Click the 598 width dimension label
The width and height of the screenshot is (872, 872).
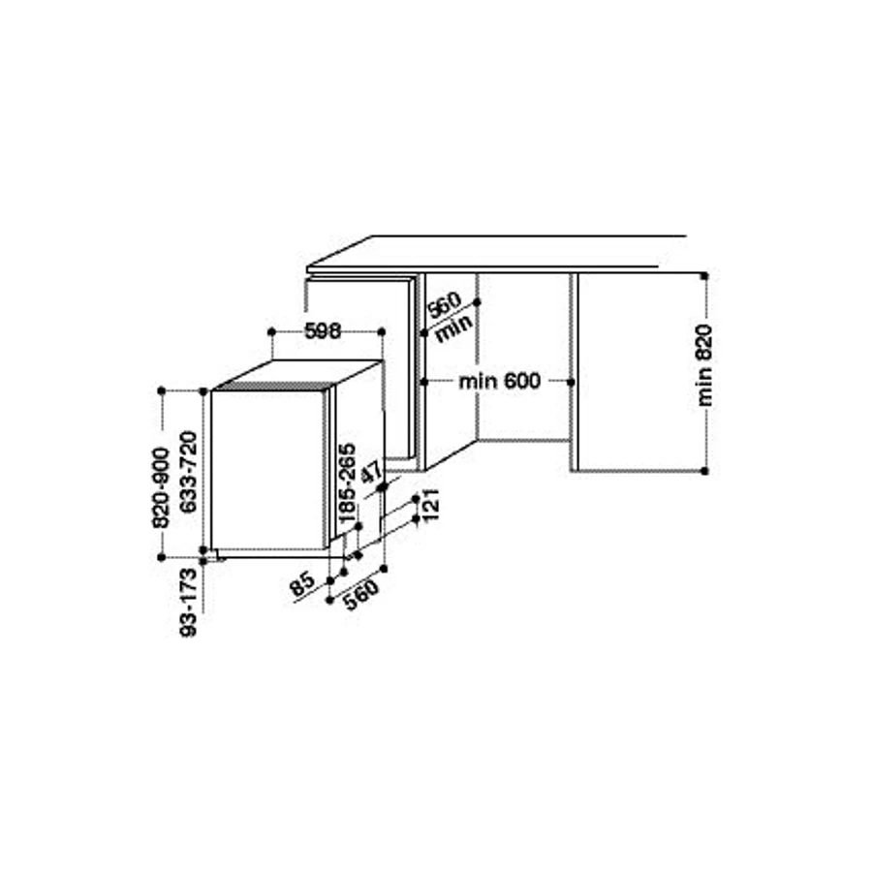323,331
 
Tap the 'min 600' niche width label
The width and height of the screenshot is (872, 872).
499,382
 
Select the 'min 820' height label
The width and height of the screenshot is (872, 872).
704,366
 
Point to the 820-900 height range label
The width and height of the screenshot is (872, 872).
161,487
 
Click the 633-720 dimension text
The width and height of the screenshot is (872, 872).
189,472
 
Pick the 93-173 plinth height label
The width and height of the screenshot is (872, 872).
189,603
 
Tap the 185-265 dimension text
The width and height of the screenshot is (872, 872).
347,483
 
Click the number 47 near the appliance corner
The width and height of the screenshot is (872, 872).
372,472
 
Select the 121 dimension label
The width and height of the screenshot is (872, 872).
431,505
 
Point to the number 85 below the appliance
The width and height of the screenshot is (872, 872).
303,585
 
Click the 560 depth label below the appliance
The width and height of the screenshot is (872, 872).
361,594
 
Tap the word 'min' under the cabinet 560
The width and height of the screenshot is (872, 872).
454,328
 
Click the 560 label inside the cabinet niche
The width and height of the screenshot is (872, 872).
444,304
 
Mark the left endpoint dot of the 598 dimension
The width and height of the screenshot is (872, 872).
271,332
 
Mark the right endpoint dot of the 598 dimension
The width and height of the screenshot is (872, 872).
382,332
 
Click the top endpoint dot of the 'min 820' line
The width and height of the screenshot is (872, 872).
704,275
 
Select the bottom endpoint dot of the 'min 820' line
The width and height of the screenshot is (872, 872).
704,471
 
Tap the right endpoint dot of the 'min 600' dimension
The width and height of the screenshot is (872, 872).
571,382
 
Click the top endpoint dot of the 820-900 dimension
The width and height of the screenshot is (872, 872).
162,391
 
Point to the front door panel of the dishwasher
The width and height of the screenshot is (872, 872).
267,469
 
